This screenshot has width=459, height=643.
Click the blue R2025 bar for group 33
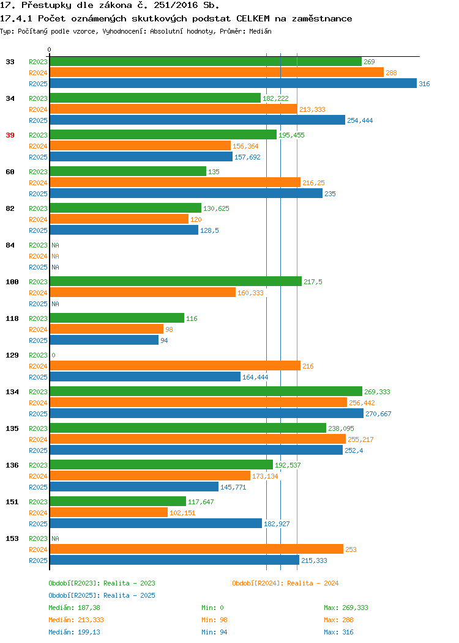(x=233, y=83)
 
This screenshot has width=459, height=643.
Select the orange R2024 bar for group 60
(x=175, y=183)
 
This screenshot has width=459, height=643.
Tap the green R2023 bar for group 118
(x=117, y=318)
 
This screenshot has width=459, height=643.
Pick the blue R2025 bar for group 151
(x=156, y=524)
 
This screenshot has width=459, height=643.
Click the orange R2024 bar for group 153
(x=196, y=549)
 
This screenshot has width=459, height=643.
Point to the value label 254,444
(x=360, y=120)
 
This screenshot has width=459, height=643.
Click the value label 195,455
(x=291, y=135)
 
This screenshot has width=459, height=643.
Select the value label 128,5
(x=209, y=230)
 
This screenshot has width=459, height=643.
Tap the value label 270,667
(x=379, y=414)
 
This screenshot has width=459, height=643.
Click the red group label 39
(x=10, y=135)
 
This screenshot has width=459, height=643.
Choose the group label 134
(x=12, y=392)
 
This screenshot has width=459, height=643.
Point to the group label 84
(x=10, y=245)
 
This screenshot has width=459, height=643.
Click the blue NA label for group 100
(x=56, y=304)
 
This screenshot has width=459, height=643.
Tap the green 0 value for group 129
(x=53, y=355)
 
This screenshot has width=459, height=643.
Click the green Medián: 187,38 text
(x=74, y=608)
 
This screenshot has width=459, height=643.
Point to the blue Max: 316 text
(x=338, y=632)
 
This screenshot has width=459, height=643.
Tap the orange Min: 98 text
(x=214, y=620)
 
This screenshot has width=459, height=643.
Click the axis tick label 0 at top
(x=50, y=50)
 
